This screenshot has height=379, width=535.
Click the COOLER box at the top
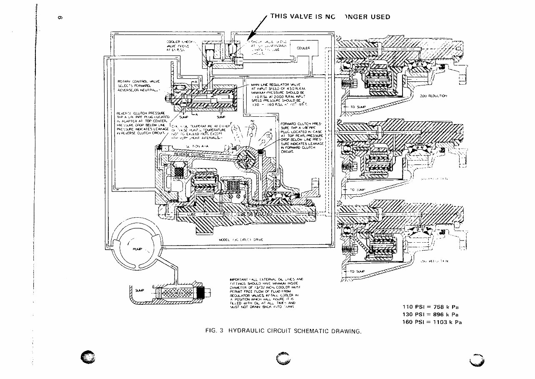pyautogui.click(x=303, y=48)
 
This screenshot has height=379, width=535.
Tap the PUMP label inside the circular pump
pyautogui.click(x=137, y=249)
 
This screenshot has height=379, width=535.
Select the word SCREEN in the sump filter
pyautogui.click(x=178, y=293)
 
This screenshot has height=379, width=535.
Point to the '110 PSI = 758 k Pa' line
pyautogui.click(x=430, y=307)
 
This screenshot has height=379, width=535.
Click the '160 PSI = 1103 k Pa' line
pyautogui.click(x=432, y=322)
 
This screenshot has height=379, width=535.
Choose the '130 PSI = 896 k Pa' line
pyautogui.click(x=430, y=314)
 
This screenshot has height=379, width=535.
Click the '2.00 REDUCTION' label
pyautogui.click(x=432, y=96)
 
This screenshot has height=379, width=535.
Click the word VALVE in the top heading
pyautogui.click(x=300, y=17)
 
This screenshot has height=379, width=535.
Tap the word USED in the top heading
pyautogui.click(x=379, y=17)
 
